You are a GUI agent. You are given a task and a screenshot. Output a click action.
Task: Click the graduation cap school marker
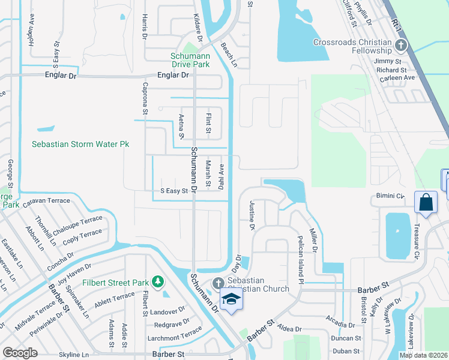tap(231, 299)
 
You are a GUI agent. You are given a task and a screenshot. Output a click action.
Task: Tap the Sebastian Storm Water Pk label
tap(80, 145)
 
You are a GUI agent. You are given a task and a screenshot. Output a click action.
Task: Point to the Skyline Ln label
tap(74, 355)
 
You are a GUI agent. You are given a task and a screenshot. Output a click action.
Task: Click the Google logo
tap(20, 352)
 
